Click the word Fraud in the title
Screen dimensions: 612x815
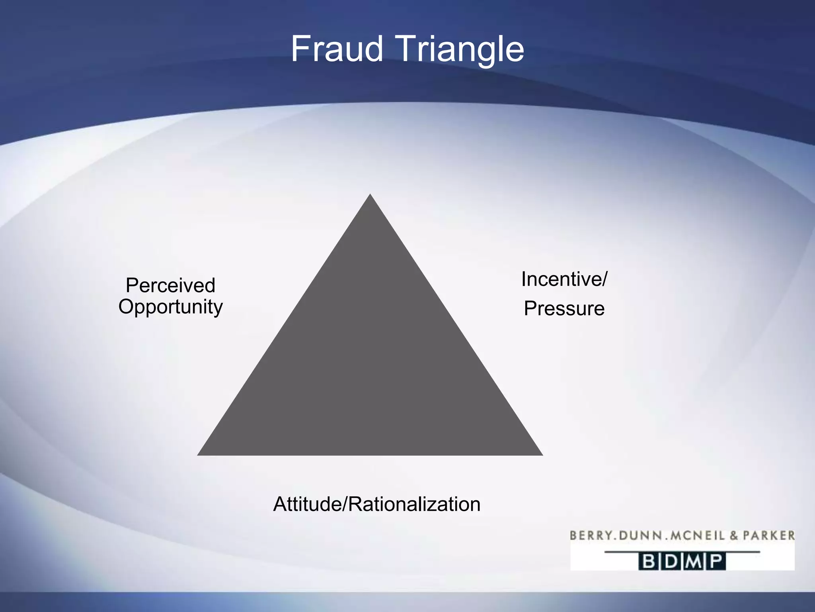coord(337,49)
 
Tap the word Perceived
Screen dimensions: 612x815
coord(170,285)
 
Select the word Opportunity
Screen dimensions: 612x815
coord(170,307)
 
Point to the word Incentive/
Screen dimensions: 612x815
coord(564,279)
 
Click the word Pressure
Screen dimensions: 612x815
coord(564,308)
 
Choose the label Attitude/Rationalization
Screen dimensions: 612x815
coord(377,504)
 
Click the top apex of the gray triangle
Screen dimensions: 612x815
coord(370,195)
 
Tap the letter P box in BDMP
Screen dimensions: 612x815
coord(716,562)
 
